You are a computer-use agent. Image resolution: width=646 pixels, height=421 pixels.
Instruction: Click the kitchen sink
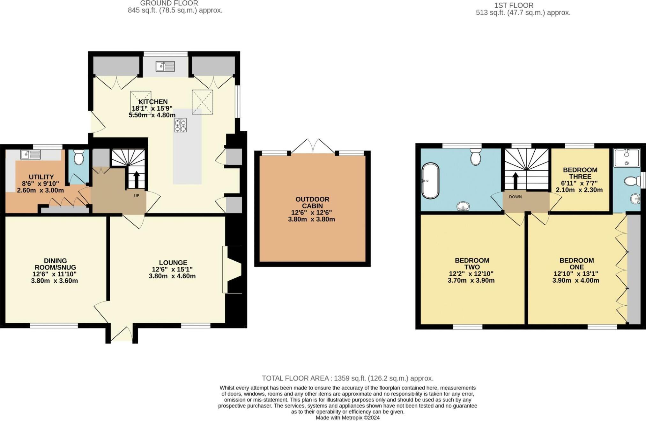(165, 66)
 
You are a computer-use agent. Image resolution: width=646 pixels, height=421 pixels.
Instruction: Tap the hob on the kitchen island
(180, 125)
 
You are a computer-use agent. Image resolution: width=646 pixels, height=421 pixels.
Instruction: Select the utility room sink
(30, 155)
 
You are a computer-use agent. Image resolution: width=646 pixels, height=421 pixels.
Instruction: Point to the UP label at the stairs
(137, 196)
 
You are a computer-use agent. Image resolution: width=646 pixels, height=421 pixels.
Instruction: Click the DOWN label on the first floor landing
(515, 197)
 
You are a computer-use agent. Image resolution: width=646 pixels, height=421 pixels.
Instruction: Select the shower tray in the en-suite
(627, 158)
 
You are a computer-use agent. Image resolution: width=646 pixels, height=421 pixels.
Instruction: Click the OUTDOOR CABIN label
(312, 202)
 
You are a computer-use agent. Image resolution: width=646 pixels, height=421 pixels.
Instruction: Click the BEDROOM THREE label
(580, 173)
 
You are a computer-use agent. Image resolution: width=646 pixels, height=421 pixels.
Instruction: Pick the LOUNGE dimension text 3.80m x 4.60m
(172, 276)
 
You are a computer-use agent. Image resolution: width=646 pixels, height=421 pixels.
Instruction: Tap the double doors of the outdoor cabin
(313, 147)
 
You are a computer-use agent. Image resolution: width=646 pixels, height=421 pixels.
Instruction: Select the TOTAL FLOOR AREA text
(347, 378)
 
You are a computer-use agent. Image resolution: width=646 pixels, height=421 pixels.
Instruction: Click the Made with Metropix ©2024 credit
(347, 417)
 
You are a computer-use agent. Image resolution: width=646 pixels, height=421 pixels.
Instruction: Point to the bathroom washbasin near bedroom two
(463, 207)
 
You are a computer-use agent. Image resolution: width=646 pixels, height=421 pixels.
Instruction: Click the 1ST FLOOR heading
(514, 5)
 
